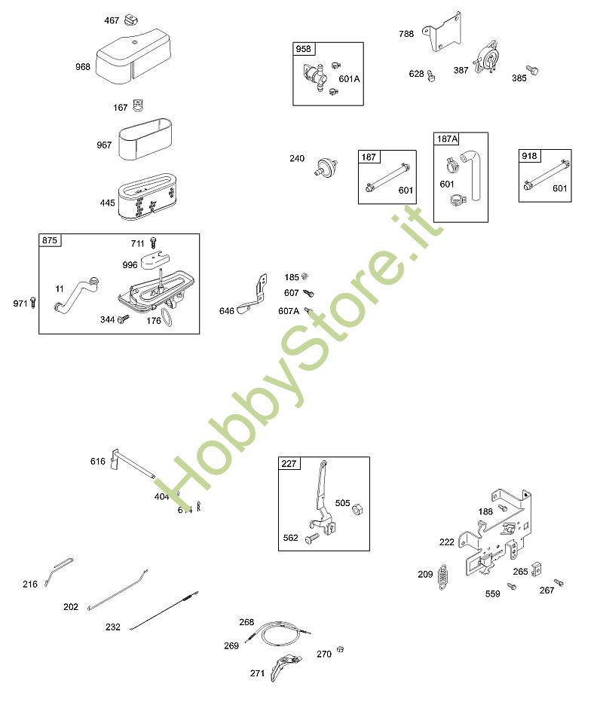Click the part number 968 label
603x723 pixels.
click(83, 67)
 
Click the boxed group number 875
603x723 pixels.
click(51, 241)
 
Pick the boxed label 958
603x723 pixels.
click(303, 50)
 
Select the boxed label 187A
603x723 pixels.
click(448, 139)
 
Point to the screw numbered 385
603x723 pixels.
click(534, 70)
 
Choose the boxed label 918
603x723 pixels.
click(529, 156)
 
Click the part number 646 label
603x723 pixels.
click(226, 310)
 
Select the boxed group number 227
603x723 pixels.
click(289, 463)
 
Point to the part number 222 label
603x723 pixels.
click(447, 541)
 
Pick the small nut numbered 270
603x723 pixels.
click(340, 649)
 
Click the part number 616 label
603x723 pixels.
click(98, 461)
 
